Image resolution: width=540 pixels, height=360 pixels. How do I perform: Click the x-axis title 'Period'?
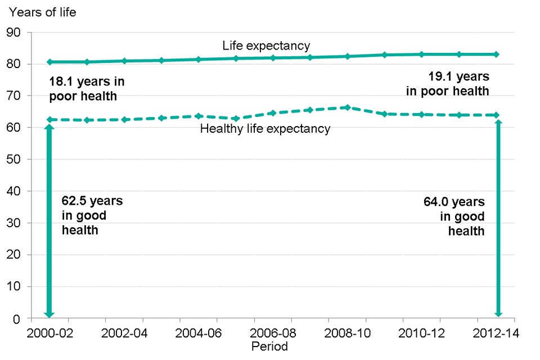[x=269, y=346]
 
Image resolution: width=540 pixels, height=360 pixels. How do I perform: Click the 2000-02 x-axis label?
[x=49, y=333]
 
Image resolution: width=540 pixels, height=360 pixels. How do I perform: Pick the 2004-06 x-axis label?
[x=198, y=333]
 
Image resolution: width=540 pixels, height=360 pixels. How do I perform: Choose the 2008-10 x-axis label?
[x=348, y=333]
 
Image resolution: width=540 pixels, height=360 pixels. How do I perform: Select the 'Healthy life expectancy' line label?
[x=265, y=129]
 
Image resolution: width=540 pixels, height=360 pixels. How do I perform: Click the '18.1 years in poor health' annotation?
[x=87, y=89]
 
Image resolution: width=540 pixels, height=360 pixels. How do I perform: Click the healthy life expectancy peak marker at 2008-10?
[x=348, y=107]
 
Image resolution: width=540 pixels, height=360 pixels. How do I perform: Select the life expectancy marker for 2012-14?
[x=497, y=55]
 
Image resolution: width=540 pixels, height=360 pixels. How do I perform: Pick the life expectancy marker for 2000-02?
[x=49, y=62]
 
